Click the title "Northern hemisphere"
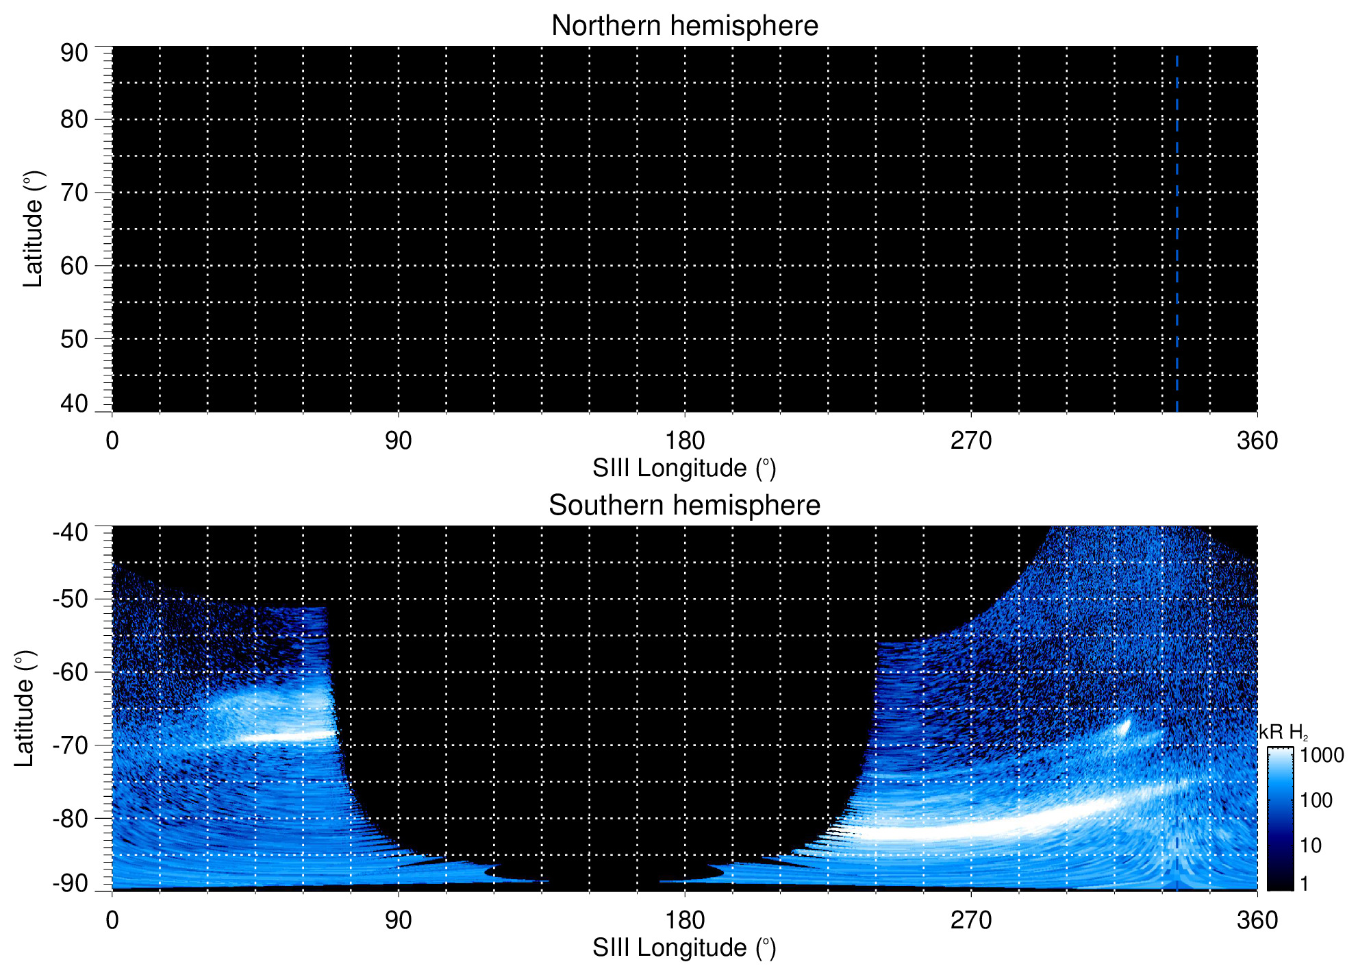point(684,26)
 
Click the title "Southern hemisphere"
point(684,506)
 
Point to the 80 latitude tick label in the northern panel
point(74,120)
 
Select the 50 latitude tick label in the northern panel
point(74,339)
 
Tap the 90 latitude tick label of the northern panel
point(74,53)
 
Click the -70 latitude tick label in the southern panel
point(70,745)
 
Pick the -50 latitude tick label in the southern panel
point(70,600)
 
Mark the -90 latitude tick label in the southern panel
point(70,884)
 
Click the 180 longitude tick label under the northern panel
point(685,441)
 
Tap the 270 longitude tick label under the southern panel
point(971,921)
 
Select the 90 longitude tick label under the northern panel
point(398,441)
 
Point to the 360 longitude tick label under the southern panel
point(1257,921)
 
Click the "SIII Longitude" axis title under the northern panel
point(684,469)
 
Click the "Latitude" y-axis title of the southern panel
point(25,708)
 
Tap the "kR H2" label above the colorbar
point(1283,732)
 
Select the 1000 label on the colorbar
point(1322,756)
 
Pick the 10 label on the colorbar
point(1311,846)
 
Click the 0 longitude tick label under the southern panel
point(112,921)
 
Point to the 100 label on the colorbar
point(1316,800)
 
